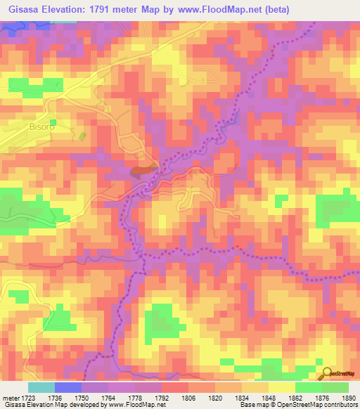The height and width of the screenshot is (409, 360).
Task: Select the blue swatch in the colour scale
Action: point(67,387)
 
